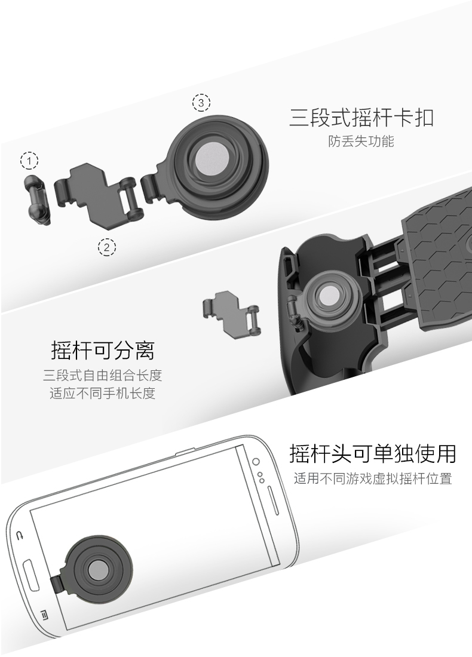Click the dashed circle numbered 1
tap(29, 161)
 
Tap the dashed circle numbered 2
tap(106, 248)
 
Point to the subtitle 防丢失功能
tap(361, 141)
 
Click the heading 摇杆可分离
tap(103, 350)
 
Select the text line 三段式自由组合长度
tap(103, 375)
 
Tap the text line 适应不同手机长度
tap(103, 393)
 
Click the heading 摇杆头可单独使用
tap(373, 453)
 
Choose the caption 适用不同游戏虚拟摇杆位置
tap(373, 478)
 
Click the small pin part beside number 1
tap(38, 199)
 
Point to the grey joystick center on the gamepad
tap(329, 296)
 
